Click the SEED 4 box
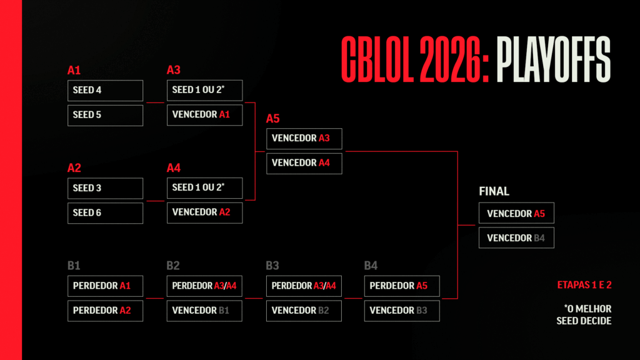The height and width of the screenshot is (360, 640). (105, 91)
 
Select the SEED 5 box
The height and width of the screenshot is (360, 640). (105, 115)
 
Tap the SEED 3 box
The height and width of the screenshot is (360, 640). (105, 188)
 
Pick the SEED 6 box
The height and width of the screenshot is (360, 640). (105, 212)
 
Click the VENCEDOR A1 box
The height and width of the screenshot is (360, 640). (204, 115)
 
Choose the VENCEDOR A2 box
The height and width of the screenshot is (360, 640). (204, 212)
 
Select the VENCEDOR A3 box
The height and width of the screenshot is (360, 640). (304, 139)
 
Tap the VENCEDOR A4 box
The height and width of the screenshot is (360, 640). (304, 163)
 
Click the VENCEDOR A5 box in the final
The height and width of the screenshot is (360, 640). (516, 214)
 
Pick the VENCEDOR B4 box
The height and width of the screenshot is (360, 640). (516, 238)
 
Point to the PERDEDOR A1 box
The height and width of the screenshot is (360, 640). (105, 286)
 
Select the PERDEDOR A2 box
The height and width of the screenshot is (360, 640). (105, 311)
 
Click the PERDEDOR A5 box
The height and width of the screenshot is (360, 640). (402, 286)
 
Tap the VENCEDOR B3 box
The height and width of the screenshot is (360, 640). (402, 311)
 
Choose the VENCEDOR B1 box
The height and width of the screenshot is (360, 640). (204, 311)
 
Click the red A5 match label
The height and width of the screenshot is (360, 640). (273, 119)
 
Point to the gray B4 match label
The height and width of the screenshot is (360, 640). (371, 266)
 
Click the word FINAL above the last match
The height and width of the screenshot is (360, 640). (494, 192)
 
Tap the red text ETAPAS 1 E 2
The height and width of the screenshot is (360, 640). (584, 285)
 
